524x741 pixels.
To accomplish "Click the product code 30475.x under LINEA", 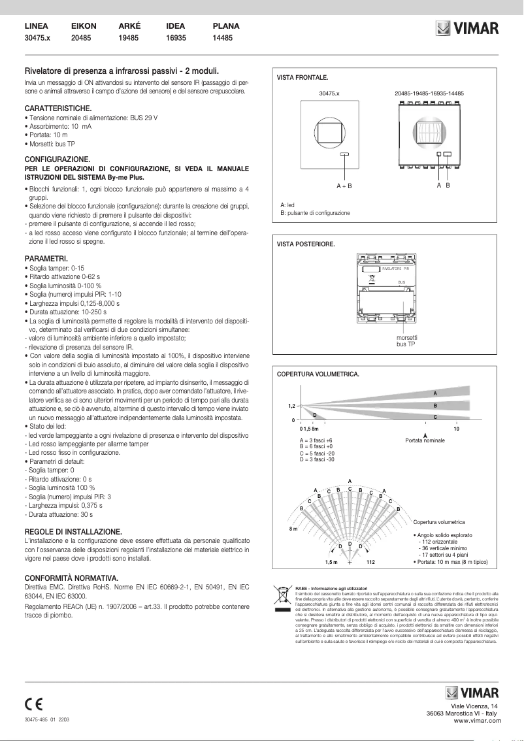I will pyautogui.click(x=37, y=39).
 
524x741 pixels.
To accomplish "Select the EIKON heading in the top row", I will pyautogui.click(x=84, y=26).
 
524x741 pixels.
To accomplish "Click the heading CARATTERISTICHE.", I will pyautogui.click(x=57, y=107).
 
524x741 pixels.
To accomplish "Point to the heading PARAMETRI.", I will pyautogui.click(x=45, y=259).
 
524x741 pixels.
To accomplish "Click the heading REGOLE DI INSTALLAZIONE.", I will pyautogui.click(x=73, y=532).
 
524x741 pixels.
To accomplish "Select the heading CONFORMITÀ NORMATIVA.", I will pyautogui.click(x=71, y=578).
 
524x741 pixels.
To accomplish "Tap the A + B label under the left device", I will pyautogui.click(x=344, y=186).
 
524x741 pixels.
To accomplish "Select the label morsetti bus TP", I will pyautogui.click(x=406, y=340).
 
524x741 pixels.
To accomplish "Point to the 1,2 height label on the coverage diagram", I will pyautogui.click(x=292, y=406).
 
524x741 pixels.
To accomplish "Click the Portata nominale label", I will pyautogui.click(x=425, y=441).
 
